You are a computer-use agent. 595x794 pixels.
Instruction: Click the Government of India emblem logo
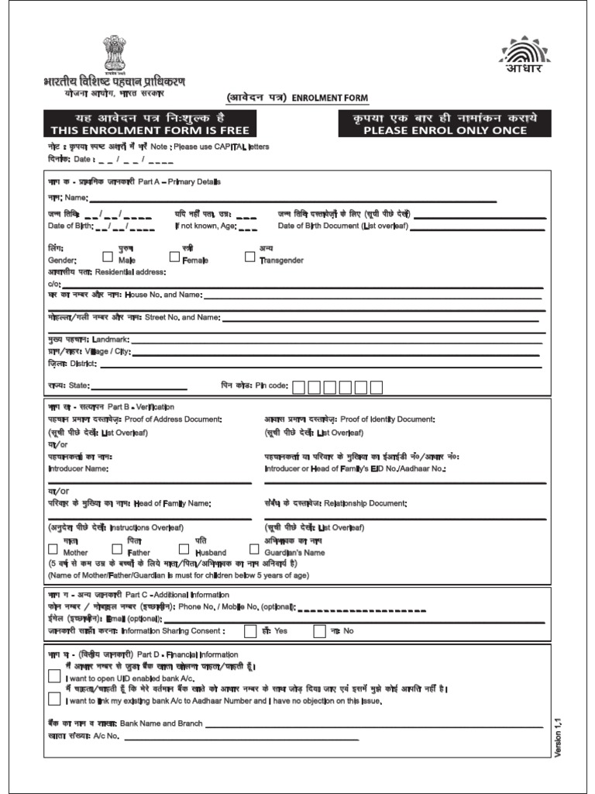(x=114, y=54)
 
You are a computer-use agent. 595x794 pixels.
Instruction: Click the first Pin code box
(x=298, y=386)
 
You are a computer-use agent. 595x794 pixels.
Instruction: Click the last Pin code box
(x=377, y=386)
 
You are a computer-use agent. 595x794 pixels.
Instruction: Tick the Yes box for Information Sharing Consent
(x=250, y=631)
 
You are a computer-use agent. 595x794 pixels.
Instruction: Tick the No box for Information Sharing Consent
(x=319, y=631)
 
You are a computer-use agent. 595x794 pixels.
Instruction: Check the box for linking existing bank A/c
(x=54, y=699)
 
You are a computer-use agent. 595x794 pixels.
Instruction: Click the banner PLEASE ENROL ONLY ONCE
(x=445, y=123)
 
